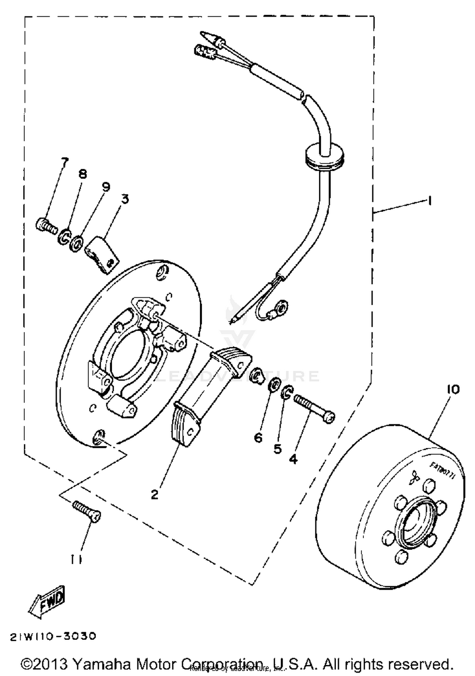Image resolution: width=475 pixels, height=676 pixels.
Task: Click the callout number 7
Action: [64, 162]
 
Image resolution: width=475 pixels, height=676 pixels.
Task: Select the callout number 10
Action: [453, 390]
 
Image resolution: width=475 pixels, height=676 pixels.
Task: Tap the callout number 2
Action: [154, 494]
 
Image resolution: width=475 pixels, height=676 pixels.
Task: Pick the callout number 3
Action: [125, 199]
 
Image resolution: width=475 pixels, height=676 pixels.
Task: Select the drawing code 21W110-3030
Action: [53, 636]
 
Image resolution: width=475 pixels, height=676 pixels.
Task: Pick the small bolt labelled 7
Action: [46, 226]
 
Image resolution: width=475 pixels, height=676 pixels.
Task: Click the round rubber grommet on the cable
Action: [324, 156]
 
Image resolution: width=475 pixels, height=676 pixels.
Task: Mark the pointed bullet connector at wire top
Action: [209, 37]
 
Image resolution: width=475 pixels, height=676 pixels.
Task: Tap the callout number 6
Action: [258, 438]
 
